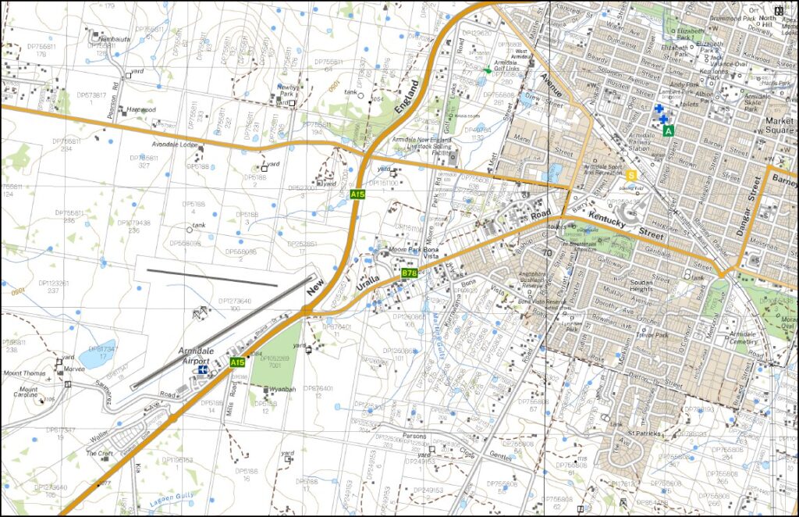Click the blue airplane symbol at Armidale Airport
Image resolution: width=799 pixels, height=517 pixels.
click(203, 369)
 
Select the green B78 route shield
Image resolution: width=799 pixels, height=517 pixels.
click(409, 273)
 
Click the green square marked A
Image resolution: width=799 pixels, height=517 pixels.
click(669, 131)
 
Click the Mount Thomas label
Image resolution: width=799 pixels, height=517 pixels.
click(25, 374)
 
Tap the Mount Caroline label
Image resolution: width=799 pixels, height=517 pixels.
click(29, 393)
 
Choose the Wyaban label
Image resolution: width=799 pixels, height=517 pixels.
click(282, 388)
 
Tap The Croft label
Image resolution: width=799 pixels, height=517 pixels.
click(100, 453)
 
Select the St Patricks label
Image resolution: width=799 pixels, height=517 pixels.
click(647, 433)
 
